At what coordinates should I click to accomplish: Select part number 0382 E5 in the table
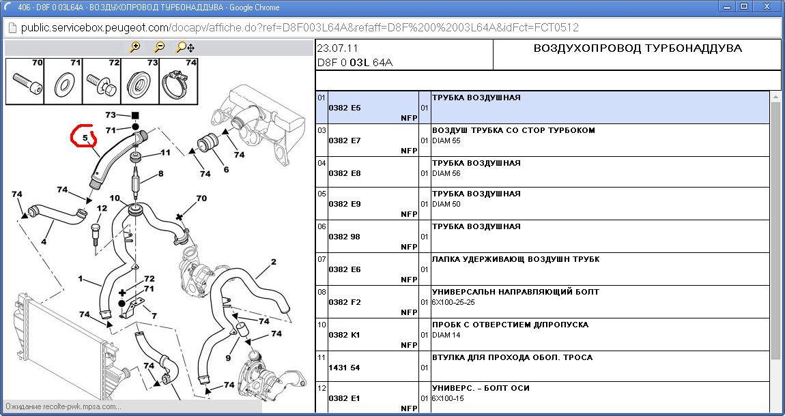point(345,108)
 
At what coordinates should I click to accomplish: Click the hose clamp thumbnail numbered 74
point(179,82)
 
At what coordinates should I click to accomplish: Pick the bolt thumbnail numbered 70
point(25,82)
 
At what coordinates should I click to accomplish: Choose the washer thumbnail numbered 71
point(63,82)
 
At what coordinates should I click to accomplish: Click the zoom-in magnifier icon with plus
point(134,47)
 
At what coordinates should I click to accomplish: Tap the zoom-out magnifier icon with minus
point(159,47)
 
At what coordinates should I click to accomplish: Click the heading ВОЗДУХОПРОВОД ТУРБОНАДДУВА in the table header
point(638,48)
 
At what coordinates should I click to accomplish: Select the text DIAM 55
point(446,141)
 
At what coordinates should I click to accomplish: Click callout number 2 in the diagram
point(273,261)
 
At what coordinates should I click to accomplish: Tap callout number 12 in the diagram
point(102,208)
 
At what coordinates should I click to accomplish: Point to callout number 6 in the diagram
point(227,170)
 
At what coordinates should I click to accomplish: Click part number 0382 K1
point(345,335)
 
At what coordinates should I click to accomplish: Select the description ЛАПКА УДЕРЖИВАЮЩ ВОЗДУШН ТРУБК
point(515,259)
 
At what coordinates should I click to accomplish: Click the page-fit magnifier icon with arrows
point(185,47)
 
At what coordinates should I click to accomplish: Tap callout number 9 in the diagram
point(228,358)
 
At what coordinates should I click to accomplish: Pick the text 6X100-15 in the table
point(448,398)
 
